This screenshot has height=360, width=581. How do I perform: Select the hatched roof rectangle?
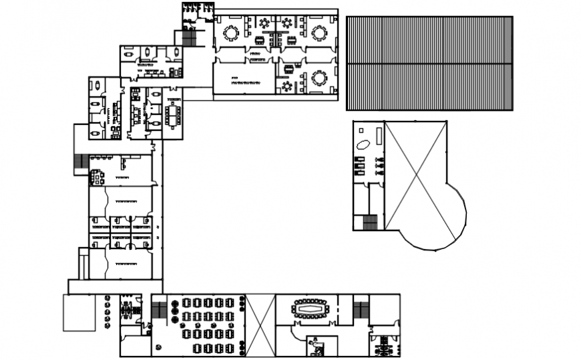429,63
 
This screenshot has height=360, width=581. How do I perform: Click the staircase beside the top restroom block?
189,39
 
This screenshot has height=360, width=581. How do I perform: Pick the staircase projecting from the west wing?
80,162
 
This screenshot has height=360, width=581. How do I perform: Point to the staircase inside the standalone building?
369,222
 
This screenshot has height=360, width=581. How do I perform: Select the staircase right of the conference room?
361,310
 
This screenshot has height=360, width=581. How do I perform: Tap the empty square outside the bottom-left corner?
79,313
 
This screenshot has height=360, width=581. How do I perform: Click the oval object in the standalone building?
364,144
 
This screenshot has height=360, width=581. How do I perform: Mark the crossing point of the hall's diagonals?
416,175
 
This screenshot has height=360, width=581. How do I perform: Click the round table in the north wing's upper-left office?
231,32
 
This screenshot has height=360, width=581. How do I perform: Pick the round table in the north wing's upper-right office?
319,32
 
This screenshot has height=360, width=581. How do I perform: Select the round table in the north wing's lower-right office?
319,78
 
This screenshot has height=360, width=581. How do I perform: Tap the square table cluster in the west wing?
98,177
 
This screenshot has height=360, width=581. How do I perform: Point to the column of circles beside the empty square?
107,312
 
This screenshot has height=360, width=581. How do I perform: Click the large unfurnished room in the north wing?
244,77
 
